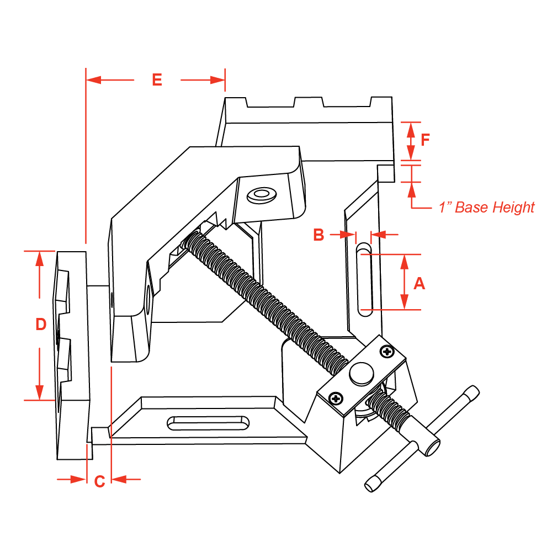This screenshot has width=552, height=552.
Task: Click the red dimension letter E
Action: coord(157,80)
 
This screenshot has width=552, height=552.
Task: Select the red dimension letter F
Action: coord(425,140)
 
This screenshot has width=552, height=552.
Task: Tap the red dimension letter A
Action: coord(420,283)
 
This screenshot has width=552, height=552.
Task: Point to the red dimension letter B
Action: coord(319,235)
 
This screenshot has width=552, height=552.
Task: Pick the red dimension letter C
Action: coord(99,481)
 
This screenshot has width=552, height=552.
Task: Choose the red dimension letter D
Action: coord(40,325)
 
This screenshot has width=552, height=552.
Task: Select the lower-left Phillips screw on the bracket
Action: coord(336,398)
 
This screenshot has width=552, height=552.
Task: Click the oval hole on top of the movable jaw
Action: coord(262,194)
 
